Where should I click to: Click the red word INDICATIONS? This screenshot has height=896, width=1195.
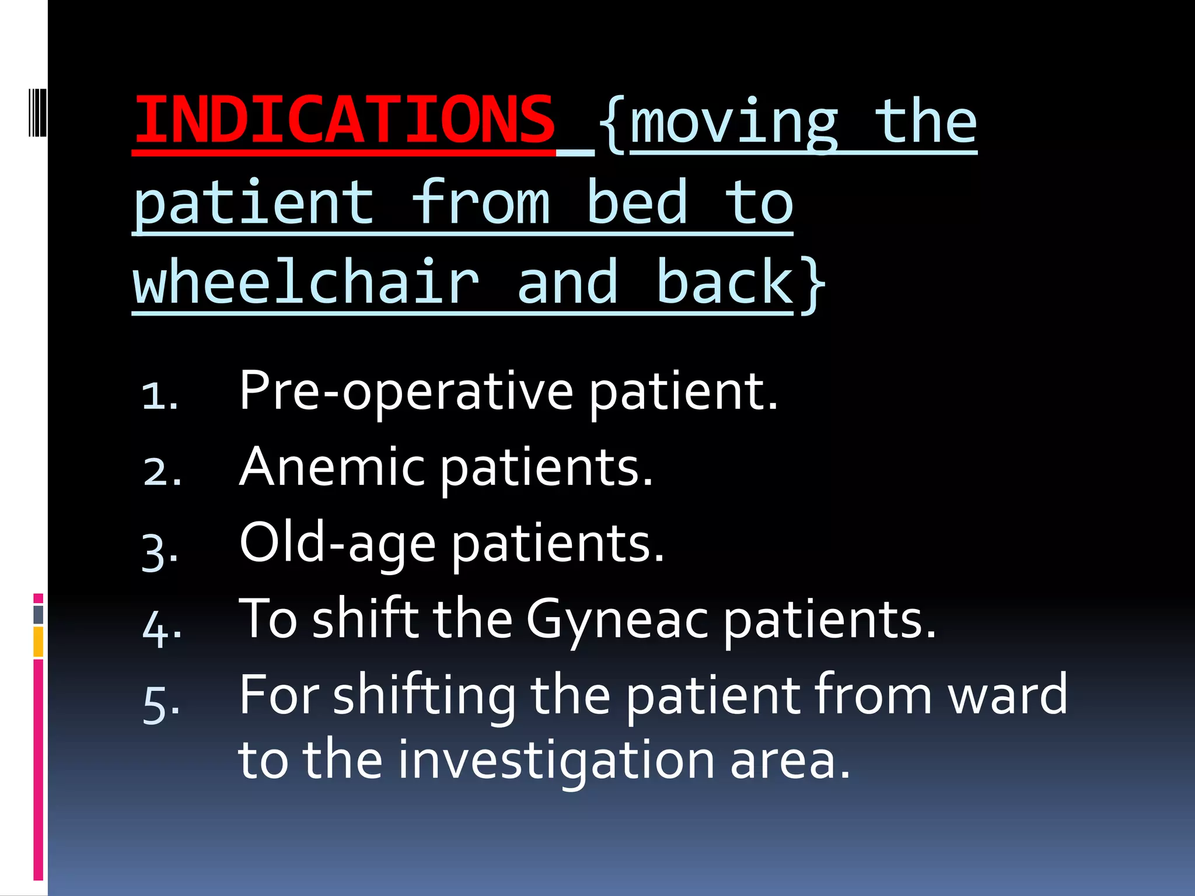[344, 121]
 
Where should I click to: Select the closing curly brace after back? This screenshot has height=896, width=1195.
[812, 285]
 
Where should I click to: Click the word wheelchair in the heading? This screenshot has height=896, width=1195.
[306, 282]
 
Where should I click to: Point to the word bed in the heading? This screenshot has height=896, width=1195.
[637, 202]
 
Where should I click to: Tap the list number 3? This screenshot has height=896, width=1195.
[159, 551]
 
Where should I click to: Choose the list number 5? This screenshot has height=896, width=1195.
[160, 705]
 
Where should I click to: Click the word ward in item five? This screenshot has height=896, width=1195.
[1008, 694]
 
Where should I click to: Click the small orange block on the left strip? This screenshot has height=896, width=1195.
[38, 642]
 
